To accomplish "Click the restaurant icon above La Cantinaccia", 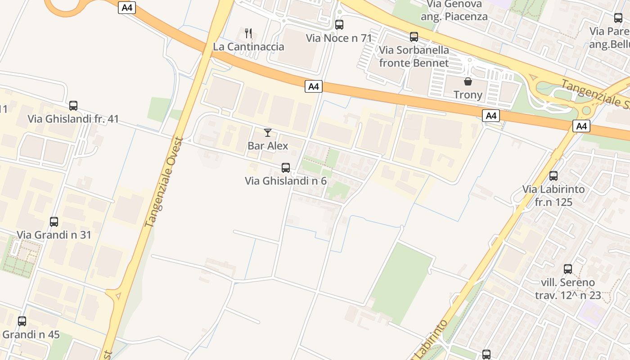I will [248, 33].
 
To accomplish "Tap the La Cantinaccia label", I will [248, 47].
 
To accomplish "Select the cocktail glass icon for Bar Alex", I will [268, 132].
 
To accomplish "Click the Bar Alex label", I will [268, 146].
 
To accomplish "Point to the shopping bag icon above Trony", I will [468, 81].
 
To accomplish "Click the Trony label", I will [468, 94].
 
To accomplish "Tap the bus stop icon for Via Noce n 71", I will [339, 25].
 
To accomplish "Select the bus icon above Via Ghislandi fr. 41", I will [73, 106].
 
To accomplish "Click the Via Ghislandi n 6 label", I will [285, 181].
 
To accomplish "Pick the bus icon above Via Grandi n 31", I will [54, 222].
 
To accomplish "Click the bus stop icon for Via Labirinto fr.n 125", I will [553, 176].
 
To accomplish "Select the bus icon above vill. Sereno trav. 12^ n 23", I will [568, 269].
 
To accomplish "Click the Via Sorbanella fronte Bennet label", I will [414, 56].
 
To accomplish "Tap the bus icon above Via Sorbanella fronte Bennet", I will [414, 37].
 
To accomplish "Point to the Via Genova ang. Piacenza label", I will [454, 10].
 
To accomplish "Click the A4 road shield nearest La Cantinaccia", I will [127, 8].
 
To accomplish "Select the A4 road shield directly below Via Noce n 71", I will [314, 86].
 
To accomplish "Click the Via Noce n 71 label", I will [339, 38].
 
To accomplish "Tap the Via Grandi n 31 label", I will [54, 235].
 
